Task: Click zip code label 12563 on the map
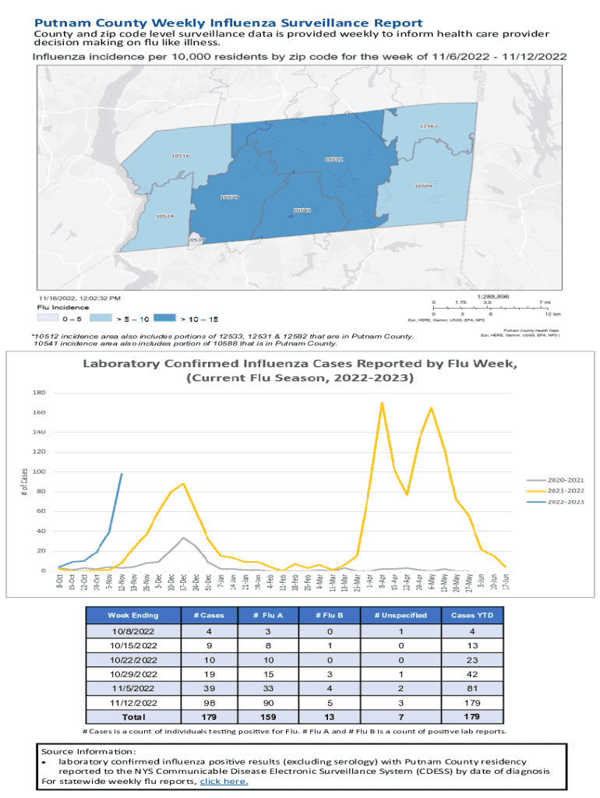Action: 429,125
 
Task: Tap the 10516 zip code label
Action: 180,156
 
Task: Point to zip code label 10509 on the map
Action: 423,186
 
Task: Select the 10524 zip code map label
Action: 165,215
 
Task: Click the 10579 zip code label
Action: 229,197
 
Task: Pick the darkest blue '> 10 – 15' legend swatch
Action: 164,319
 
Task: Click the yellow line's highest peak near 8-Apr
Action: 382,403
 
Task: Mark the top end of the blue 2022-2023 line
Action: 122,474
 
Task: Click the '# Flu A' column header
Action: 268,615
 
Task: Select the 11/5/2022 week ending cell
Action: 135,688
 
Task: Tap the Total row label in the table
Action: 135,716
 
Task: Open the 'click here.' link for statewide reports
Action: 224,781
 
